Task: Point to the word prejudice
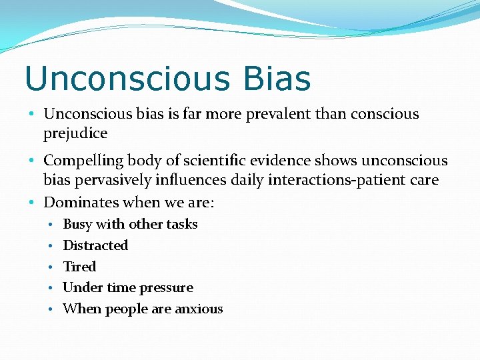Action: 75,133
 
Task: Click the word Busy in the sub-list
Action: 78,224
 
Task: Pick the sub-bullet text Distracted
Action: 95,245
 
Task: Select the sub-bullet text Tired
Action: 79,267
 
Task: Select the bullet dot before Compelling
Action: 33,161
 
